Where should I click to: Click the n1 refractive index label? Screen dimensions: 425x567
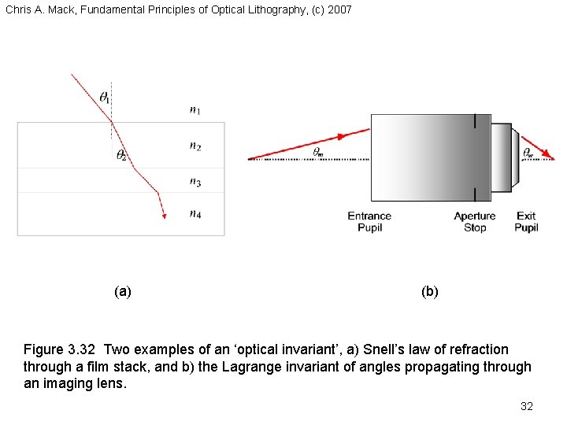pyautogui.click(x=195, y=110)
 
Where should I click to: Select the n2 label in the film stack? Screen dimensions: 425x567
pyautogui.click(x=195, y=146)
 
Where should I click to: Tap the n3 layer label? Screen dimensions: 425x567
pyautogui.click(x=195, y=182)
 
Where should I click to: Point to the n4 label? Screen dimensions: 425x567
pyautogui.click(x=195, y=213)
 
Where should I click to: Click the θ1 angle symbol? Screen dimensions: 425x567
pyautogui.click(x=105, y=97)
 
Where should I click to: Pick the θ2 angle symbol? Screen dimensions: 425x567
pyautogui.click(x=122, y=155)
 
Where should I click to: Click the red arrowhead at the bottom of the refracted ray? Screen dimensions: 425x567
pyautogui.click(x=163, y=215)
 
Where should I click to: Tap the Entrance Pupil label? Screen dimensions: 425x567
pyautogui.click(x=369, y=222)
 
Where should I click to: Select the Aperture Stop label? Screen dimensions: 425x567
pyautogui.click(x=475, y=222)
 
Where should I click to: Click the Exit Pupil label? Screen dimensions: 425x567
pyautogui.click(x=526, y=222)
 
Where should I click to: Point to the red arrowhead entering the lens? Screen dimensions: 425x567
pyautogui.click(x=342, y=137)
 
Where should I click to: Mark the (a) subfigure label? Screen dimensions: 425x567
pyautogui.click(x=123, y=291)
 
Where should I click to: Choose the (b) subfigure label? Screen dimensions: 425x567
pyautogui.click(x=430, y=291)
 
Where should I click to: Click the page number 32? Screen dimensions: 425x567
pyautogui.click(x=527, y=406)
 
